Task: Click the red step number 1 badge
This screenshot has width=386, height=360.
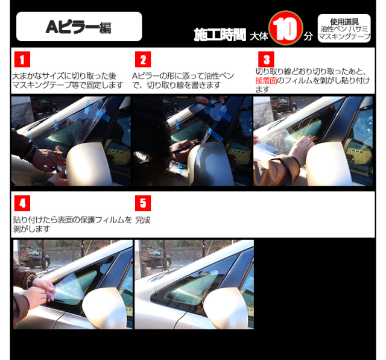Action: (x=22, y=59)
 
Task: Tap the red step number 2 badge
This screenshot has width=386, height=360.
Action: (x=143, y=59)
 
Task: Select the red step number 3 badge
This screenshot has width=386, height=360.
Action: (x=266, y=59)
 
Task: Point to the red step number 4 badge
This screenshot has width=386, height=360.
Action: (x=22, y=203)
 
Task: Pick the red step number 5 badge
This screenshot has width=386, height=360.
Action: (x=143, y=203)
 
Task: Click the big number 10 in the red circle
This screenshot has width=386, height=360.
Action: (x=285, y=28)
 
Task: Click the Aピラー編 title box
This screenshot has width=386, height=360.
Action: (x=79, y=27)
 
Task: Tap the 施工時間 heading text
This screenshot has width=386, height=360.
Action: (x=220, y=35)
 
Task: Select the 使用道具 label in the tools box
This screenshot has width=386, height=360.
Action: (x=344, y=22)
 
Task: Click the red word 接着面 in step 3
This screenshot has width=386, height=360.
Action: (x=266, y=80)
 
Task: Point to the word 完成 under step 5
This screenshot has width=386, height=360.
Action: (x=143, y=220)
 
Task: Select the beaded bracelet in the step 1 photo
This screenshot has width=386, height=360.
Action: (x=31, y=154)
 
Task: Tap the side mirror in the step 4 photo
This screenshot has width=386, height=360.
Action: (x=104, y=308)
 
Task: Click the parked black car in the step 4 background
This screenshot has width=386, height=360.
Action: (x=34, y=256)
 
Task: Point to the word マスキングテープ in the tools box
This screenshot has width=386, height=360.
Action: (x=344, y=37)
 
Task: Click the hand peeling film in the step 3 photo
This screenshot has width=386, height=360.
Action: (x=301, y=148)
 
